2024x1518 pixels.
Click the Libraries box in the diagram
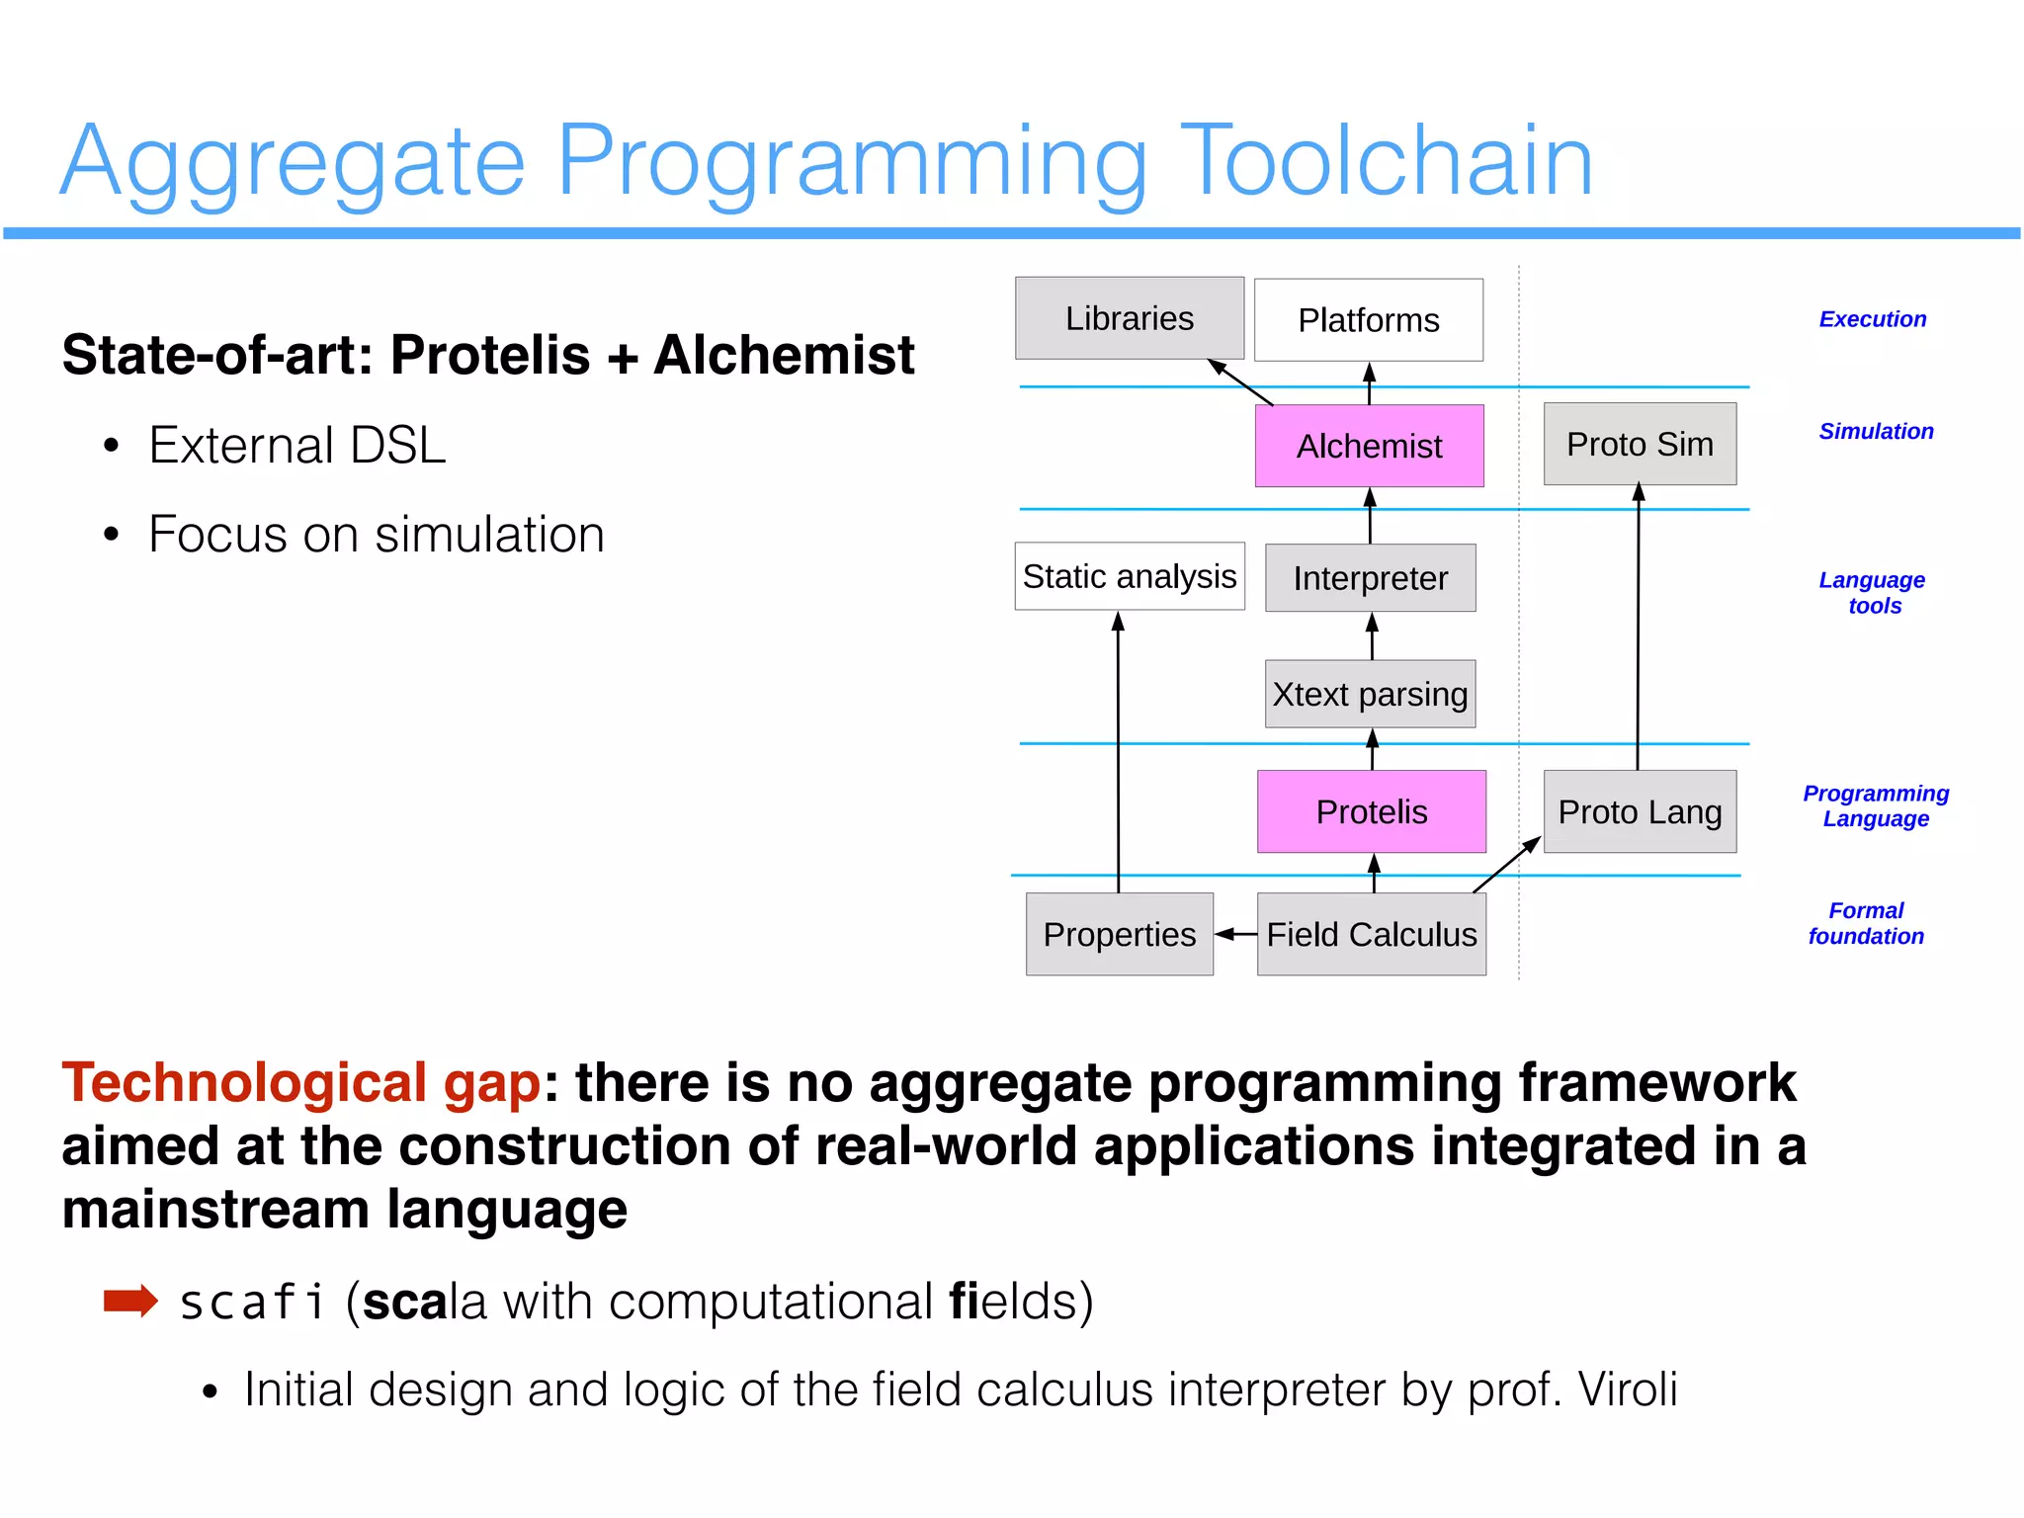1129,318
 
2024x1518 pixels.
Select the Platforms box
1368,320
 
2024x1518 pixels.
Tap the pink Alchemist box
1369,446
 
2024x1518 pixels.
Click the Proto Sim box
1639,444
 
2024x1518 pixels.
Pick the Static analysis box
1129,576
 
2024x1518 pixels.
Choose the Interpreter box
1370,578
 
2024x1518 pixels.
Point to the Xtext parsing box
1370,694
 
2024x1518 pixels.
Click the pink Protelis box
1371,811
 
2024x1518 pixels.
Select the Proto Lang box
1639,811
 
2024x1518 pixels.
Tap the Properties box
1119,934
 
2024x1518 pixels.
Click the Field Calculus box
1371,934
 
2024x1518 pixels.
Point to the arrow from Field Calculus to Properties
1235,934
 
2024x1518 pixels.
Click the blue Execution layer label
1872,319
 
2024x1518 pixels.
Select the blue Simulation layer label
1875,431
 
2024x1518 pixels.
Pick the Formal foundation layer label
1865,923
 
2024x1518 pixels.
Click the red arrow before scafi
130,1301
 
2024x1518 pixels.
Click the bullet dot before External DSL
111,446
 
